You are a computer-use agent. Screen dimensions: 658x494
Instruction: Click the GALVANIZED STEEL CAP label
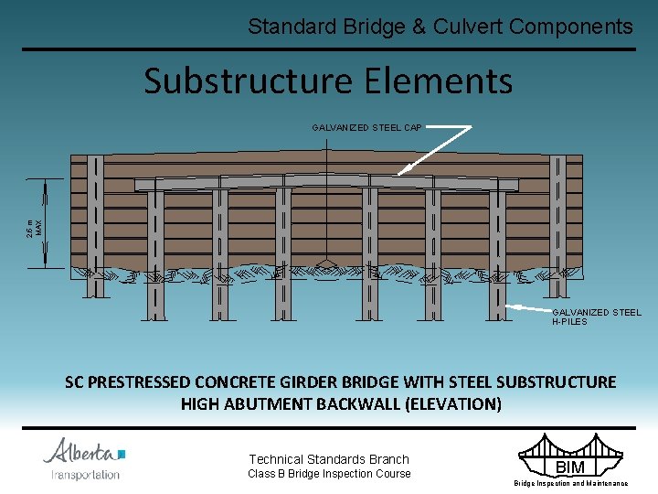tap(366, 128)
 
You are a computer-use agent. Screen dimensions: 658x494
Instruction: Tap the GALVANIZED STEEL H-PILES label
tap(596, 317)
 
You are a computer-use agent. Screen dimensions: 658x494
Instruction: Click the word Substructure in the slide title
tap(245, 81)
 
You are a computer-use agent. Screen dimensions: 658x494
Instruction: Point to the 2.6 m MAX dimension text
tap(33, 226)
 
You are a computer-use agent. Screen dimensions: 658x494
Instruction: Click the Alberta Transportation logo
tap(84, 458)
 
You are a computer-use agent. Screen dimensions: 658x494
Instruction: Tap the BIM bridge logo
tap(570, 457)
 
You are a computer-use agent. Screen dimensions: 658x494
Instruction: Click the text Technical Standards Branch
tap(329, 459)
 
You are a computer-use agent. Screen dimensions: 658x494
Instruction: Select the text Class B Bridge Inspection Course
tap(330, 474)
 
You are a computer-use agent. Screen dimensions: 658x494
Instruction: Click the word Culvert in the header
tap(466, 27)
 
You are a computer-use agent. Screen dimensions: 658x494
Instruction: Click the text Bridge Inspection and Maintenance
tap(570, 483)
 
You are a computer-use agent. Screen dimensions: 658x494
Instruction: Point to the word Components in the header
tap(571, 27)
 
